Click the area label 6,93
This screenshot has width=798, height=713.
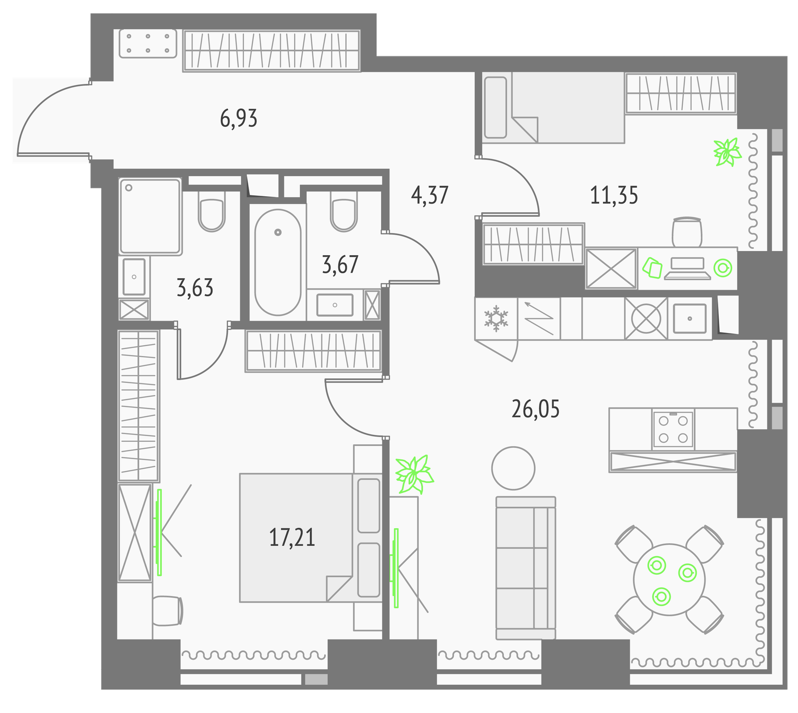point(238,119)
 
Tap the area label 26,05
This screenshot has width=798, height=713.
point(536,409)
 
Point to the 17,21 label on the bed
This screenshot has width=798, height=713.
point(292,538)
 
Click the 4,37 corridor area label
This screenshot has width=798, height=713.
point(430,195)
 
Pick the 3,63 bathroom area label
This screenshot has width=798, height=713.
point(195,288)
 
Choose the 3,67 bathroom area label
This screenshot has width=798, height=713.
point(340,265)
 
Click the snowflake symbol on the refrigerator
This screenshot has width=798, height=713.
point(496,319)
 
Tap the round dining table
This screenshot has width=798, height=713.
point(669,580)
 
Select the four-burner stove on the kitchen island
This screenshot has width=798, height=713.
point(673,429)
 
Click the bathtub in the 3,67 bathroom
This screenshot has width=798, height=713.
point(278,262)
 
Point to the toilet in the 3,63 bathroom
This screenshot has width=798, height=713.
point(212,212)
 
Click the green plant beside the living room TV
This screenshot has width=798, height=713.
point(414,474)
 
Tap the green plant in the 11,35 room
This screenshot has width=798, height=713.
point(728,152)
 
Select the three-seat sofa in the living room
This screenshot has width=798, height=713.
point(526,568)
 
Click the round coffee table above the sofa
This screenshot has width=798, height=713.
point(513,468)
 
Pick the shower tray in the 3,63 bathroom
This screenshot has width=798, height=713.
point(150,216)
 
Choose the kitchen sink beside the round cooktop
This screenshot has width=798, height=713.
point(690,318)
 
